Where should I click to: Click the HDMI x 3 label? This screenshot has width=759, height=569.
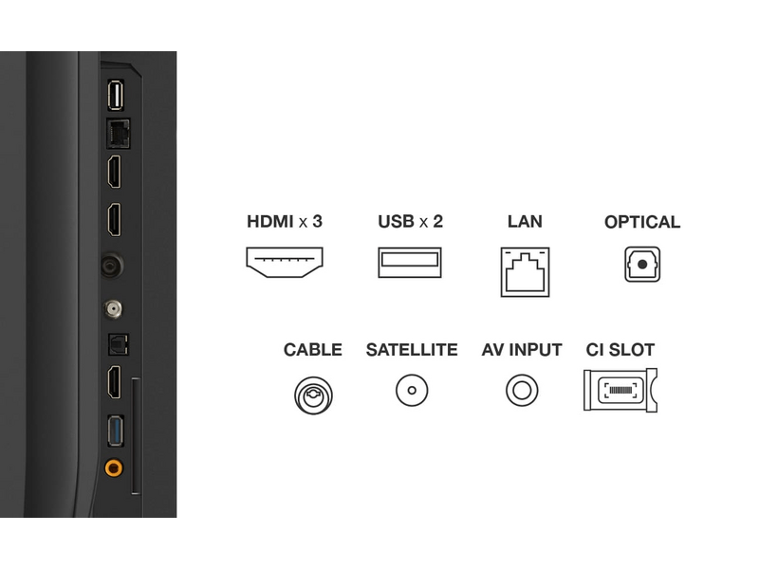285,222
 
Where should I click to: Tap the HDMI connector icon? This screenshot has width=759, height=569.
285,263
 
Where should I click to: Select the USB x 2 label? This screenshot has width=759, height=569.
410,222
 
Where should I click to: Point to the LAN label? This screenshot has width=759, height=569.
525,222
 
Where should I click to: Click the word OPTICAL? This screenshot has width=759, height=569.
642,222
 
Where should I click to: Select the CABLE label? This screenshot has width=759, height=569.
313,350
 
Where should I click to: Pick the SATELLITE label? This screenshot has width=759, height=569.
412,350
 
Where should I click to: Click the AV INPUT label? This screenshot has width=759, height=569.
522,350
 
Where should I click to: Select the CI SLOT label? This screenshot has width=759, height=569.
620,350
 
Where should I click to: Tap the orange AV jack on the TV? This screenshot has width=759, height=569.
114,468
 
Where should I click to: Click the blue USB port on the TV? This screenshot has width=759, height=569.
116,431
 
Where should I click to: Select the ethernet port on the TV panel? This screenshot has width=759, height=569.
118,134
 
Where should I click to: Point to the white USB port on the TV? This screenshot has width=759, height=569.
116,95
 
